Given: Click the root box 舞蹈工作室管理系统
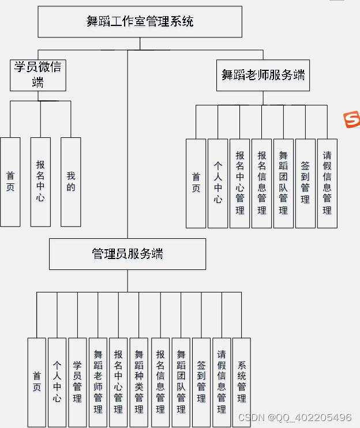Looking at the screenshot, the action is tap(140, 22).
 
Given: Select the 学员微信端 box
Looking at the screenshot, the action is tap(38, 75).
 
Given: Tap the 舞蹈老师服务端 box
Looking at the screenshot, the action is tap(263, 75).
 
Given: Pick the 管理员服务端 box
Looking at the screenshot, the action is tap(127, 254).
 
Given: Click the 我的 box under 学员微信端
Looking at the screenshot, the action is tap(71, 182).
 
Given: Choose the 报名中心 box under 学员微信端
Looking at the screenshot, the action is tap(40, 182).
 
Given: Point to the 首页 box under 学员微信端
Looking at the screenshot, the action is tap(10, 182).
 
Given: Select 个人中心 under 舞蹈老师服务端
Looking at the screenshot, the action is tap(218, 183).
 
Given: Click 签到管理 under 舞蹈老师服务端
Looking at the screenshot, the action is tap(305, 183).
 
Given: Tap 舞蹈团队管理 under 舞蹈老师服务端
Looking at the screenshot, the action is tap(283, 183).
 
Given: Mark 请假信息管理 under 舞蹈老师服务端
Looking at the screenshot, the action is tap(327, 183).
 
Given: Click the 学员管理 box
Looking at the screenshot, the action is tap(77, 382).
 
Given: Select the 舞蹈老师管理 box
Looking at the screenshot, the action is tap(98, 382).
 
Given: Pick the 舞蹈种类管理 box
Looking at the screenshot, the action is tap(139, 382).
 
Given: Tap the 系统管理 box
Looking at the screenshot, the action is tap(242, 382).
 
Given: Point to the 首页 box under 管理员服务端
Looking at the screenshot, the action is tap(36, 382).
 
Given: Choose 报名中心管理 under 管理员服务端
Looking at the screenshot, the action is tap(118, 382).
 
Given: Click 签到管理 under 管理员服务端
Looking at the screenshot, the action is tap(201, 382).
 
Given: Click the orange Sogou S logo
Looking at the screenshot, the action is tap(351, 120).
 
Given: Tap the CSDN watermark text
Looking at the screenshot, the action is tap(295, 418).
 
